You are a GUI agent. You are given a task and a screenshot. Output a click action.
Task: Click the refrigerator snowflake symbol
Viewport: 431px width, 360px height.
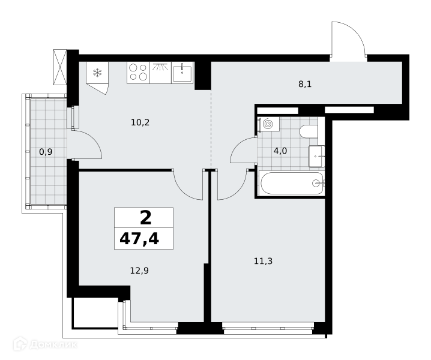(x=97, y=73)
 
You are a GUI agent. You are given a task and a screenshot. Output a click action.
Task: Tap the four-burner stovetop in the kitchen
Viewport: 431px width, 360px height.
(x=138, y=73)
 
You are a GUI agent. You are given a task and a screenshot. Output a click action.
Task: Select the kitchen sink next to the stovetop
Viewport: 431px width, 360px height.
(x=182, y=73)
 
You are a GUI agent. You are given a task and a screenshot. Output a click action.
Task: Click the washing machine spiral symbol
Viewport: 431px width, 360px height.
(x=268, y=124)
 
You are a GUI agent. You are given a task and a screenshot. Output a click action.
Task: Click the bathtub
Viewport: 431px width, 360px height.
(x=292, y=183)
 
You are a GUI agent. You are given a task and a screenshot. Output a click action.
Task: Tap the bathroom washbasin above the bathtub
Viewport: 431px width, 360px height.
(x=316, y=157)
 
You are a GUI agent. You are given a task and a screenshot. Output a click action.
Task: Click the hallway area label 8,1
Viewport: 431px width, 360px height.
(x=305, y=84)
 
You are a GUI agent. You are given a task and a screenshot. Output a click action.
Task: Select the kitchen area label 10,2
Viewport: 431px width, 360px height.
(x=140, y=122)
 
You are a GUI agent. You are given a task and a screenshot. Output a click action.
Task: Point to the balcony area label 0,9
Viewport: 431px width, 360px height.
(x=46, y=152)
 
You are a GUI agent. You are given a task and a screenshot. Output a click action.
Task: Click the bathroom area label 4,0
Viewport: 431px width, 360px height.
(x=280, y=151)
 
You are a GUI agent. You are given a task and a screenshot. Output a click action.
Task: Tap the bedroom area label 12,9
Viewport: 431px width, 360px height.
(x=139, y=271)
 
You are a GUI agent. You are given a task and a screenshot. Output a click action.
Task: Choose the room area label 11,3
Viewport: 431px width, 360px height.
(x=263, y=261)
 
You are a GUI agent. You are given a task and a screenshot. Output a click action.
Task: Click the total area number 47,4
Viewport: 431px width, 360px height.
(x=139, y=239)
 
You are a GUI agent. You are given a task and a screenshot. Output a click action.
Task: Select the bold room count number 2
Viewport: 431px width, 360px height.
(x=146, y=218)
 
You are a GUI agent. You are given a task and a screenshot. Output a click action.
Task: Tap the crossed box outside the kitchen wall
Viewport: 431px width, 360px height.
(x=60, y=67)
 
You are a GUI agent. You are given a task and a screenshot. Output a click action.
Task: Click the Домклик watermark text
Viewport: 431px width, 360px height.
(x=53, y=344)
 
